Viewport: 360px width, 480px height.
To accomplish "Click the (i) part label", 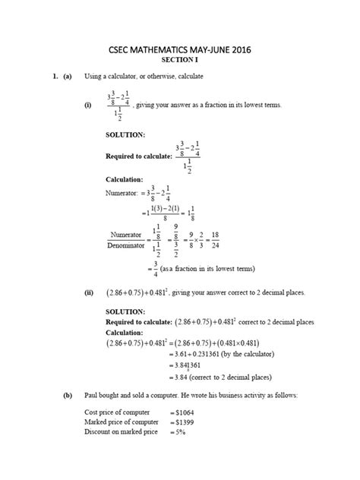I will pos(89,106).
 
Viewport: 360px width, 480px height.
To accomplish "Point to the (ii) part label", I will pos(90,292).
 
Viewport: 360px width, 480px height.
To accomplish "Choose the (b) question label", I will pos(68,396).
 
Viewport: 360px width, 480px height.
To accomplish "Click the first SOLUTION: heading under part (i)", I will pos(125,134).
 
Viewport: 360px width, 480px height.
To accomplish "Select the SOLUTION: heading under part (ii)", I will pos(125,311).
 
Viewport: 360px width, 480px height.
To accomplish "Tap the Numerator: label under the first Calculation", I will pos(122,194).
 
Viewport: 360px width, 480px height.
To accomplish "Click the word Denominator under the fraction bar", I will pos(126,245).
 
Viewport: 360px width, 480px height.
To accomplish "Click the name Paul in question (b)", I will pos(92,396).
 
